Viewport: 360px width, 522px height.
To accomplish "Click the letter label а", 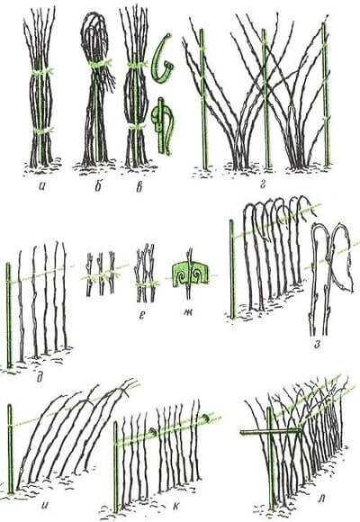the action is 42,188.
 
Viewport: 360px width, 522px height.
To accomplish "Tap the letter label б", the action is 97,186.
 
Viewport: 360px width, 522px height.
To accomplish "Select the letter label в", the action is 139,188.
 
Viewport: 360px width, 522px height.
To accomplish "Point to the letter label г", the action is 263,185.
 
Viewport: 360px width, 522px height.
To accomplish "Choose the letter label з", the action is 318,345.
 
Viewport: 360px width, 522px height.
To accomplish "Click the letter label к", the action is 175,506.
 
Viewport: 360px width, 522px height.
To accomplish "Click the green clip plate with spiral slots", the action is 190,274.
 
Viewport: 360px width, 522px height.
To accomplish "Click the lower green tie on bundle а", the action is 41,130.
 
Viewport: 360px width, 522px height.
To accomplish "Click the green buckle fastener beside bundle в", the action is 162,127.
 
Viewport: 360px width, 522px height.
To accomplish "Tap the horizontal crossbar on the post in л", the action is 270,432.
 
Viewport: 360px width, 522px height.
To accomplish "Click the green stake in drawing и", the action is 10,449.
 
